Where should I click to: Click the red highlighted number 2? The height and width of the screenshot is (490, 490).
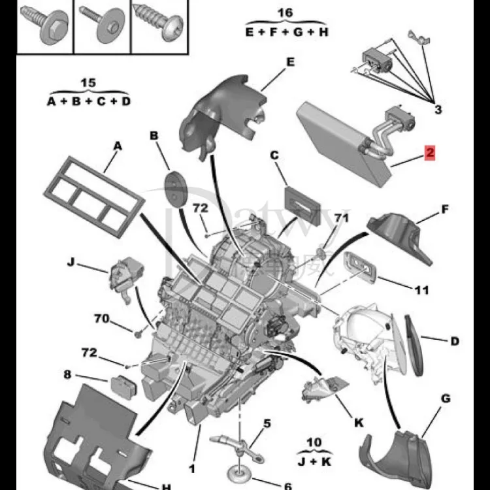tap(429, 153)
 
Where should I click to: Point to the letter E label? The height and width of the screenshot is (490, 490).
tap(290, 63)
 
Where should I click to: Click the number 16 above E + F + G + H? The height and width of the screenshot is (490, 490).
tap(285, 12)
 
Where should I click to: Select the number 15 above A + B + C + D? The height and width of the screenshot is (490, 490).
tap(88, 83)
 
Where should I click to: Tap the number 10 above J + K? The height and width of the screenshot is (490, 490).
tap(314, 443)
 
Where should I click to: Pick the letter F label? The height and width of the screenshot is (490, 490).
tap(444, 210)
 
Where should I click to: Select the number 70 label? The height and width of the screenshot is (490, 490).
tap(101, 319)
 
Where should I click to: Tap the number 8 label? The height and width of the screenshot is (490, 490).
tap(67, 375)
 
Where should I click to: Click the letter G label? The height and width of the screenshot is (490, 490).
tap(446, 397)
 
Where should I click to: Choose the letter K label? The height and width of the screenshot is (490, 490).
tap(359, 423)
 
